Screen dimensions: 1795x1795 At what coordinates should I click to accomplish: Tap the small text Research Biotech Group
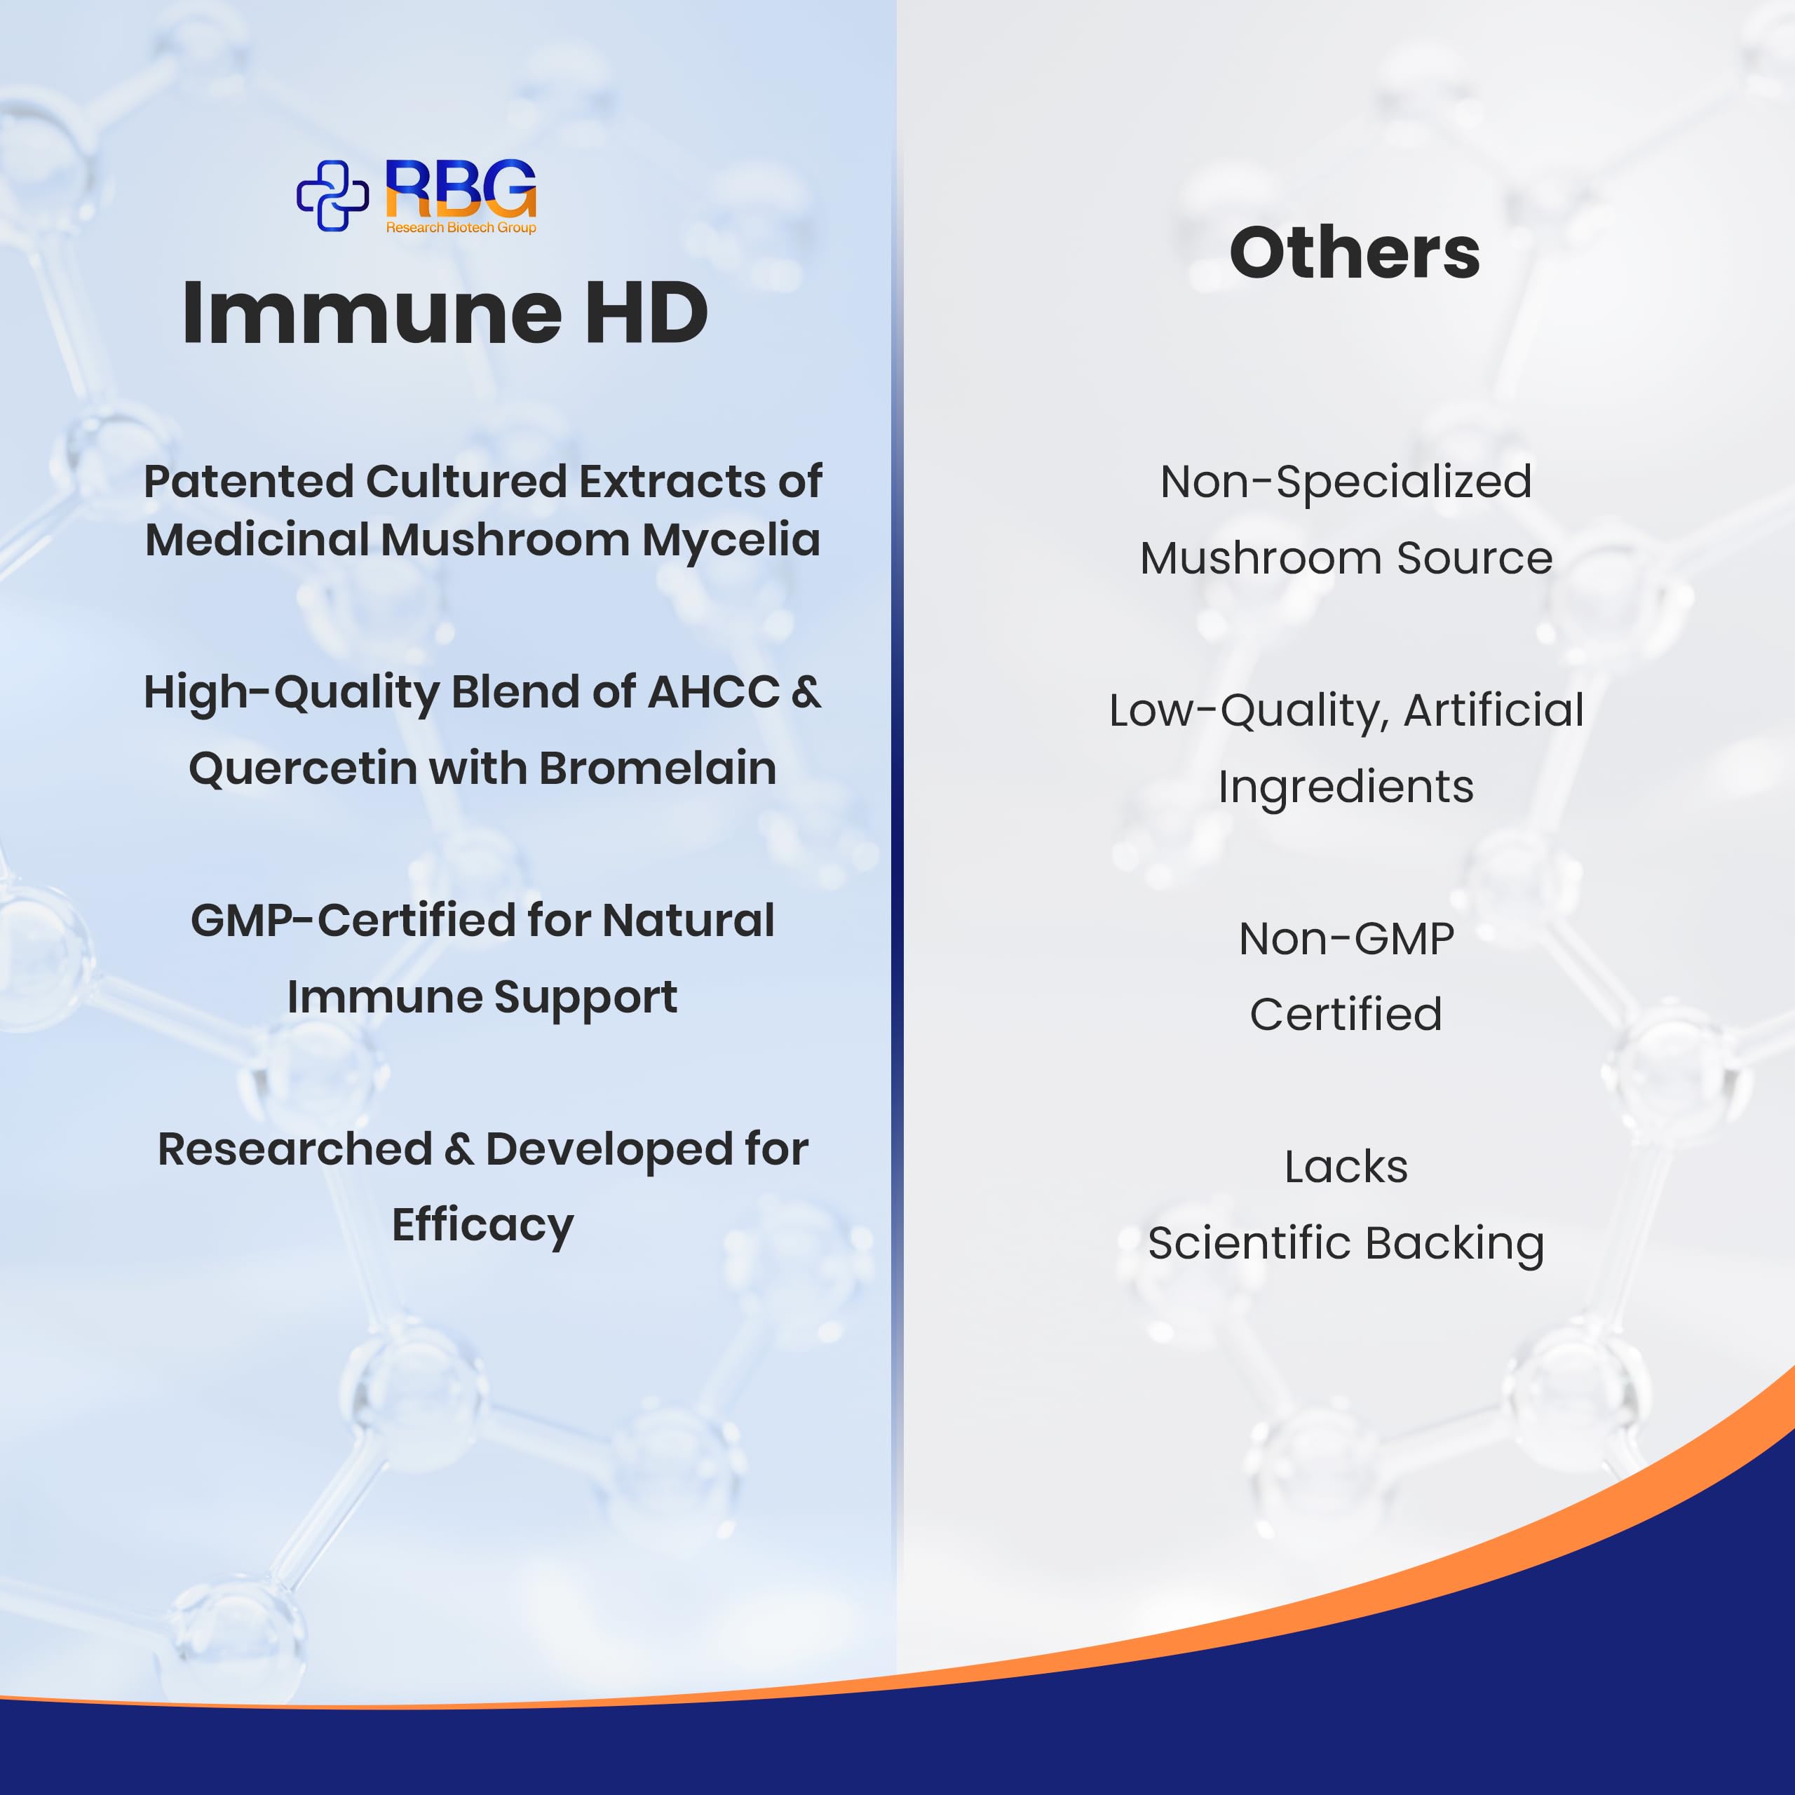pyautogui.click(x=461, y=228)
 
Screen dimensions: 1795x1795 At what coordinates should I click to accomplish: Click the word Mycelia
pyautogui.click(x=731, y=540)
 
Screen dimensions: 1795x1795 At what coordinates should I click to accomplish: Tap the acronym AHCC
pyautogui.click(x=714, y=692)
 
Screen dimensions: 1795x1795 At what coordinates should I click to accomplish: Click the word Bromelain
pyautogui.click(x=658, y=768)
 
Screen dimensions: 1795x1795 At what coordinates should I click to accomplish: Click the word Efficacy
pyautogui.click(x=483, y=1226)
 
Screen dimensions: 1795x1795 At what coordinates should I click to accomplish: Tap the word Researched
pyautogui.click(x=294, y=1149)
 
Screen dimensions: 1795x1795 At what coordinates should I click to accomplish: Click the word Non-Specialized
pyautogui.click(x=1346, y=482)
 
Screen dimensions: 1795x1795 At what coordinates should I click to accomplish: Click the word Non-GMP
pyautogui.click(x=1346, y=940)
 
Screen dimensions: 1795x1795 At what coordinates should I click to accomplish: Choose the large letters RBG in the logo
pyautogui.click(x=461, y=189)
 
